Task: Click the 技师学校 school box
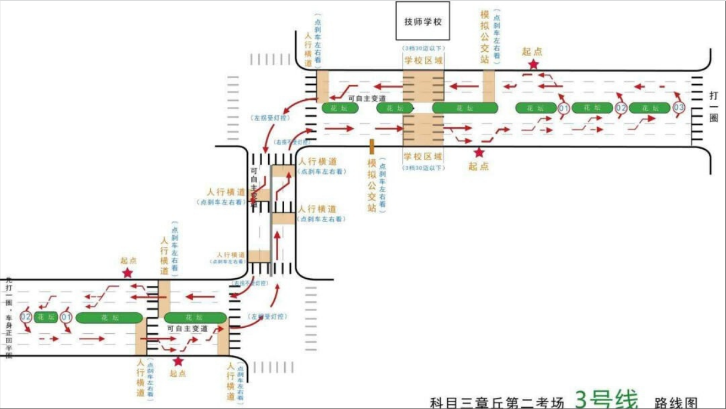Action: (423, 21)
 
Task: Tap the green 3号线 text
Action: (606, 398)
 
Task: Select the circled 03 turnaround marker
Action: (678, 108)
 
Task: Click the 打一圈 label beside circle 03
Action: (713, 107)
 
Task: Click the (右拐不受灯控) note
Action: (292, 143)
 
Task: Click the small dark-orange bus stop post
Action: (371, 146)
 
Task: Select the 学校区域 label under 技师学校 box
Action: (423, 60)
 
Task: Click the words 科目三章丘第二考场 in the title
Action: (497, 402)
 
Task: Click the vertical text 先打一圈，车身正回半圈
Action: (8, 316)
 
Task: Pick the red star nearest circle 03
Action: (533, 64)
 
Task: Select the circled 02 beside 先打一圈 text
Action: (26, 316)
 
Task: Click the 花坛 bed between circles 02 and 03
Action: (647, 108)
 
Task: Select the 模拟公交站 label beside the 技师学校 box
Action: (485, 36)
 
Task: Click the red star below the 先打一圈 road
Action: (178, 361)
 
